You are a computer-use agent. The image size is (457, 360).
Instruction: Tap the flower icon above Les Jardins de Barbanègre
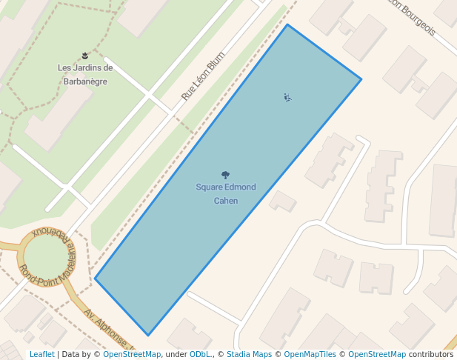pyautogui.click(x=85, y=56)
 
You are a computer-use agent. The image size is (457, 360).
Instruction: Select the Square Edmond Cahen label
pyautogui.click(x=226, y=193)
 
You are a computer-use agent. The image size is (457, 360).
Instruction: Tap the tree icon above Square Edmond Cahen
pyautogui.click(x=226, y=176)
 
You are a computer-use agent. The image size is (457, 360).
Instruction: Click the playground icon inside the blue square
pyautogui.click(x=287, y=97)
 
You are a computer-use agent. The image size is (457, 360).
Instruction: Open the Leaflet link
pyautogui.click(x=41, y=355)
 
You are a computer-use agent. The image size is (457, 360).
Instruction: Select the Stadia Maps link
pyautogui.click(x=249, y=355)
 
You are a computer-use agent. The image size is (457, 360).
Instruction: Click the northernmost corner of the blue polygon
pyautogui.click(x=287, y=25)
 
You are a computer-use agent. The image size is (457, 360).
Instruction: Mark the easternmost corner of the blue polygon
pyautogui.click(x=361, y=79)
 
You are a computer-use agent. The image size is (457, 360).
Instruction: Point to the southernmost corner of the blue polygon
pyautogui.click(x=149, y=336)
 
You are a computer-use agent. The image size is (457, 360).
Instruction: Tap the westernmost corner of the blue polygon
pyautogui.click(x=95, y=279)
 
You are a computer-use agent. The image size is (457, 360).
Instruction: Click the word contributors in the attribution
pyautogui.click(x=431, y=355)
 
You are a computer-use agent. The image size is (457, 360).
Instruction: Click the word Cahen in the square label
pyautogui.click(x=226, y=201)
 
